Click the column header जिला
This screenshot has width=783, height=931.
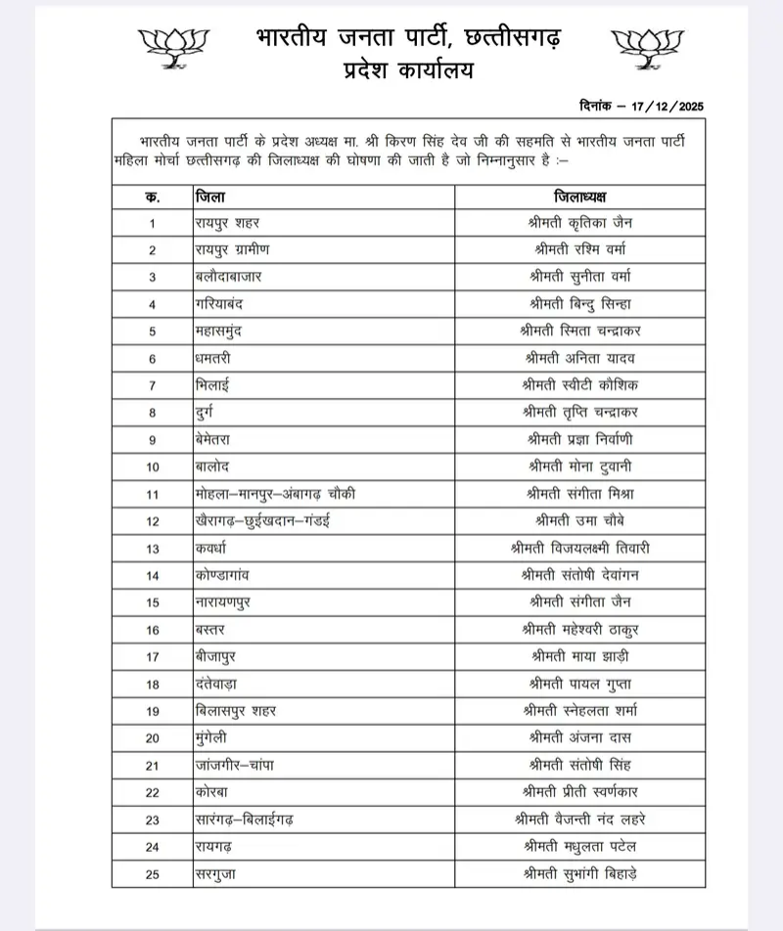(x=210, y=196)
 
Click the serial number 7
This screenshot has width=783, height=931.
(x=153, y=385)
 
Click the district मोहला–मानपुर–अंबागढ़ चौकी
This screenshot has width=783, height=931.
(x=274, y=494)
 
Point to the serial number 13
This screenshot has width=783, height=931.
(x=153, y=548)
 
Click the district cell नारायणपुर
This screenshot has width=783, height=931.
(x=222, y=601)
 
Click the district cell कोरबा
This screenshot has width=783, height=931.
(x=213, y=791)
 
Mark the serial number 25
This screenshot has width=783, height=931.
(x=153, y=872)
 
